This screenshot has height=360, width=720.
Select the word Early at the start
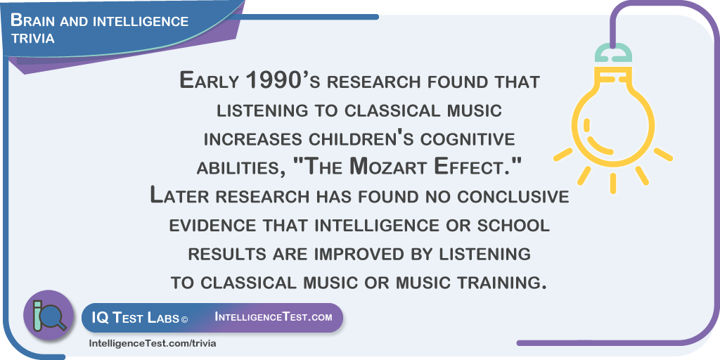pyautogui.click(x=210, y=82)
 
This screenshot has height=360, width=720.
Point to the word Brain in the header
pyautogui.click(x=30, y=20)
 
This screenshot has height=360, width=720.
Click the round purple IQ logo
pyautogui.click(x=49, y=315)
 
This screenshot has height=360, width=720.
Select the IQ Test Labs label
pyautogui.click(x=134, y=318)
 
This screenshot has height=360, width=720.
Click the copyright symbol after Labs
pyautogui.click(x=185, y=319)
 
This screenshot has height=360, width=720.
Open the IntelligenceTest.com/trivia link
pyautogui.click(x=152, y=343)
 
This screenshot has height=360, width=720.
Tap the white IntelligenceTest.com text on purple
pyautogui.click(x=274, y=317)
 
